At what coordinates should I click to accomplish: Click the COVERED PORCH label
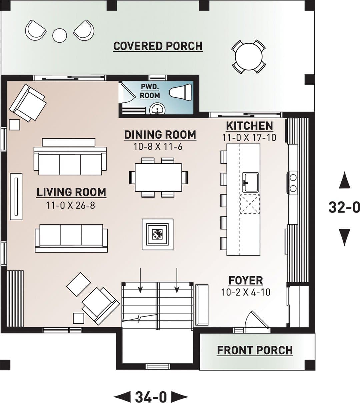(158, 46)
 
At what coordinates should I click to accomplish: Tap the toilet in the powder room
(181, 92)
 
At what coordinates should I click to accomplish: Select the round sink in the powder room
(157, 109)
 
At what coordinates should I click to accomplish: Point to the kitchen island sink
(250, 182)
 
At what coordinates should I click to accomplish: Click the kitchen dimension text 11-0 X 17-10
(249, 138)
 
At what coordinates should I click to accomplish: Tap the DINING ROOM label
(160, 135)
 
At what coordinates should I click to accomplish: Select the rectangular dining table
(158, 177)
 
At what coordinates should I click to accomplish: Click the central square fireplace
(158, 234)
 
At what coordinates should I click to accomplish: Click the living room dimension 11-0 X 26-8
(71, 205)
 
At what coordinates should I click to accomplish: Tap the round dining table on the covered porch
(249, 57)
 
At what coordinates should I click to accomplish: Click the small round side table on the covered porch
(59, 35)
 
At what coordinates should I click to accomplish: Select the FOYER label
(246, 280)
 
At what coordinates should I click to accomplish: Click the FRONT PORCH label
(255, 350)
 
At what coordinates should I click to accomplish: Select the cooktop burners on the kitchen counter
(293, 183)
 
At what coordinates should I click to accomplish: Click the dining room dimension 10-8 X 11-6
(158, 147)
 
